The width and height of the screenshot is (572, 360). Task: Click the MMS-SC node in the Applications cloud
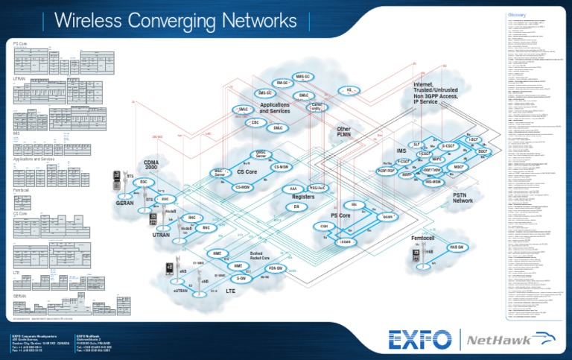point(303,76)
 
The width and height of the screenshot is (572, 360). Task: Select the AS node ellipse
point(348,89)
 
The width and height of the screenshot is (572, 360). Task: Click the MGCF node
point(459,168)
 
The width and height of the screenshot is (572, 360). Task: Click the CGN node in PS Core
point(324,225)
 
